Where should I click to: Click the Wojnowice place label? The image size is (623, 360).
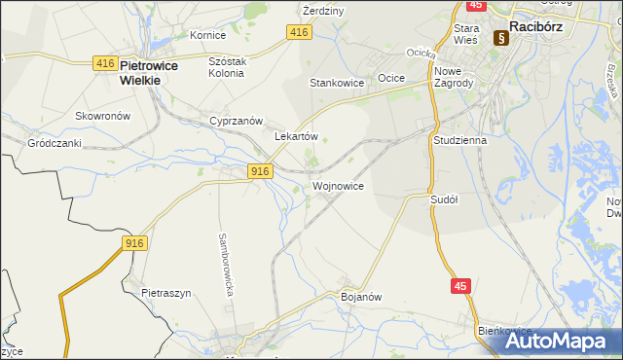point(339,185)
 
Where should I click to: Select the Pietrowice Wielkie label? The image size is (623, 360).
point(139,73)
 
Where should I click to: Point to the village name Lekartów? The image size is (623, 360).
point(297,137)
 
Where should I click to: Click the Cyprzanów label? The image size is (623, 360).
point(237,121)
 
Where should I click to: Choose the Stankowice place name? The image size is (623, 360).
point(337,83)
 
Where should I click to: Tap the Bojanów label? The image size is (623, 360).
point(359,296)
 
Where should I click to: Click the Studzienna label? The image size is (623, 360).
point(459,140)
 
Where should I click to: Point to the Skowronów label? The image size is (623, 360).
point(103,115)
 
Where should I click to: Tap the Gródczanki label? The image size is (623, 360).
point(55,142)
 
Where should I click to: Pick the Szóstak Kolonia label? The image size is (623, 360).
point(229,66)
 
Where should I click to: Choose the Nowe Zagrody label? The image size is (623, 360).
point(454,78)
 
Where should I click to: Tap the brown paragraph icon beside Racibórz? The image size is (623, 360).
point(501,38)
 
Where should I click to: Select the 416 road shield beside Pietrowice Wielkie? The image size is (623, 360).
point(106,63)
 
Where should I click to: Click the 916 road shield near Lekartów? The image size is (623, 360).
point(258,171)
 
